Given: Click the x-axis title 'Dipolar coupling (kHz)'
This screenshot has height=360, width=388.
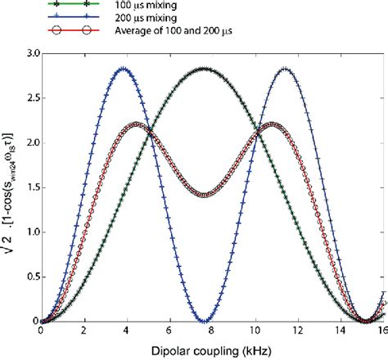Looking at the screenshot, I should (x=211, y=350).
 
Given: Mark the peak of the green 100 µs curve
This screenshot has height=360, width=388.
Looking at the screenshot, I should (x=204, y=69).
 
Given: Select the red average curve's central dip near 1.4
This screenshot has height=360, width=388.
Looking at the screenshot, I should (x=204, y=195).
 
